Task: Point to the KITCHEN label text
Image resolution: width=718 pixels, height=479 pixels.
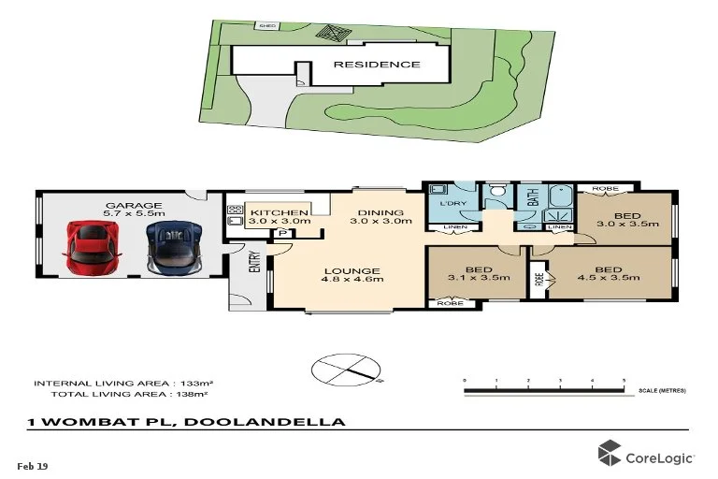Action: pyautogui.click(x=278, y=213)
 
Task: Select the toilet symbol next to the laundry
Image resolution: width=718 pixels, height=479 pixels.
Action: pyautogui.click(x=500, y=194)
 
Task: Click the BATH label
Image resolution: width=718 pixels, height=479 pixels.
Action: pyautogui.click(x=532, y=197)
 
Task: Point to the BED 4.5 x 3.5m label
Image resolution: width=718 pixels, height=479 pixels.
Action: pyautogui.click(x=609, y=276)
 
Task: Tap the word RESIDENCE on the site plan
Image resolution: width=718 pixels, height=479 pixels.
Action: pyautogui.click(x=378, y=65)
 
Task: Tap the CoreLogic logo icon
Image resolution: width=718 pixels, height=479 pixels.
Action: pyautogui.click(x=610, y=454)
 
